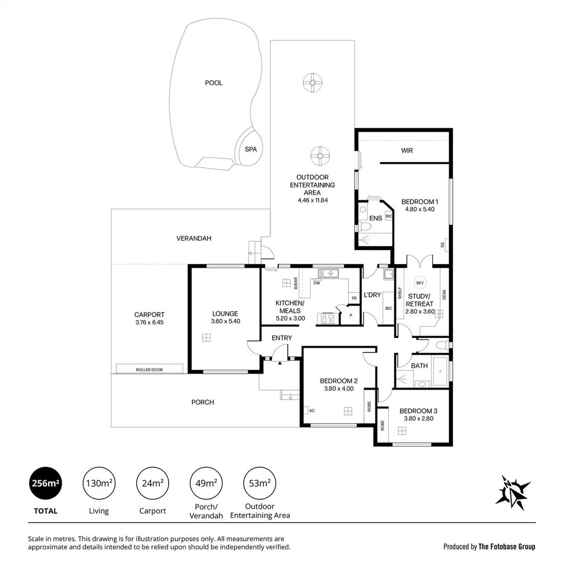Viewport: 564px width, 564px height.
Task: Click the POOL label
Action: click(214, 83)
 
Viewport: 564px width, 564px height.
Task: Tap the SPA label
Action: click(251, 149)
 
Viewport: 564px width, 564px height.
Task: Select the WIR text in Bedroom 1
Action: click(407, 150)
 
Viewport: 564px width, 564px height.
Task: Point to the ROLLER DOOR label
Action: click(149, 370)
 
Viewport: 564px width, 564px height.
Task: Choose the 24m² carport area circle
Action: click(151, 483)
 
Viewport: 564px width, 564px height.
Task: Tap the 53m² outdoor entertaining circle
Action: click(260, 483)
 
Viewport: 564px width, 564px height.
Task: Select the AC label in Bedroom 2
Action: click(311, 410)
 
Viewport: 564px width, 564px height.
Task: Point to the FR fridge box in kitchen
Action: click(354, 298)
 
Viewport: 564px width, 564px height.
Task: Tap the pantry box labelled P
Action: click(350, 315)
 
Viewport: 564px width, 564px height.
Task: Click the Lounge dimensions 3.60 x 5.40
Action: click(225, 321)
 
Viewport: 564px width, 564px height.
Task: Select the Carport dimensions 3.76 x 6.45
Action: click(149, 322)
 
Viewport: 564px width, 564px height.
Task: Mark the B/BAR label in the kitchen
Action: click(295, 283)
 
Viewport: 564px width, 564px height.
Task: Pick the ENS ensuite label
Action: click(375, 218)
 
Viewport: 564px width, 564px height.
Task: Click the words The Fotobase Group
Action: click(507, 547)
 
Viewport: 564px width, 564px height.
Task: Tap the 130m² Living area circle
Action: click(98, 483)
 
